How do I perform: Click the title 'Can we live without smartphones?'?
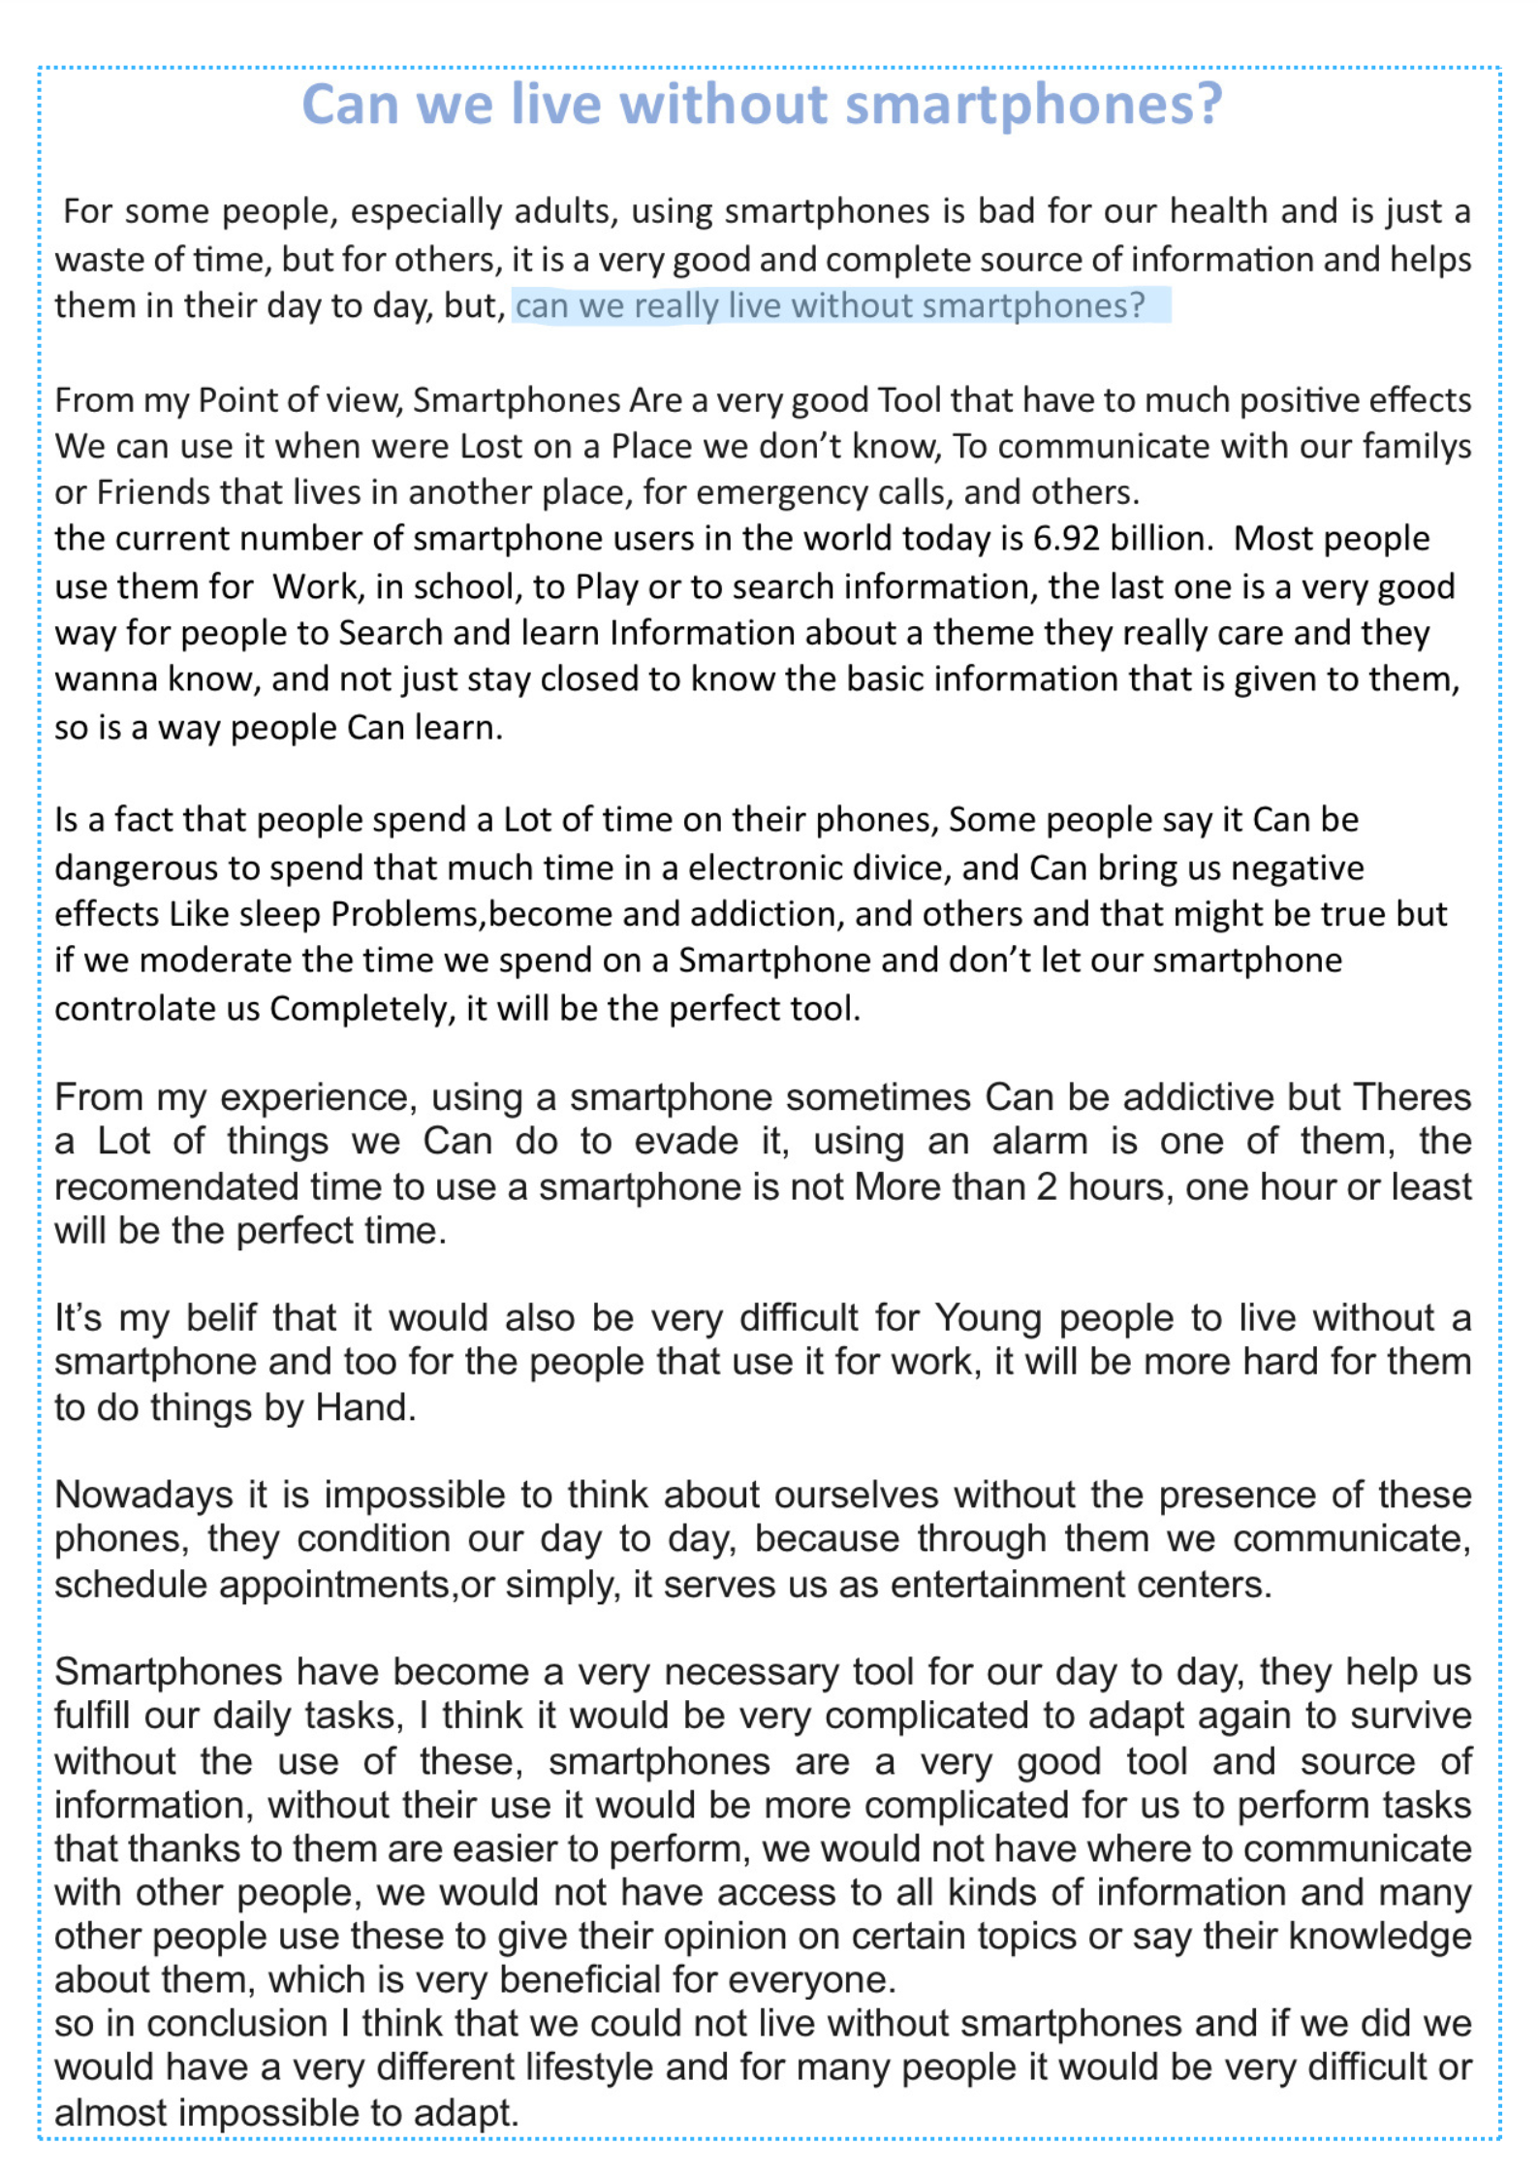[762, 105]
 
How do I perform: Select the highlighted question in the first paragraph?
[830, 306]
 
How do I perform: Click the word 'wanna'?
[107, 679]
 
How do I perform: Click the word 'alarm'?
[1039, 1141]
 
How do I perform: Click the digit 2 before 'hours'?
[1046, 1186]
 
